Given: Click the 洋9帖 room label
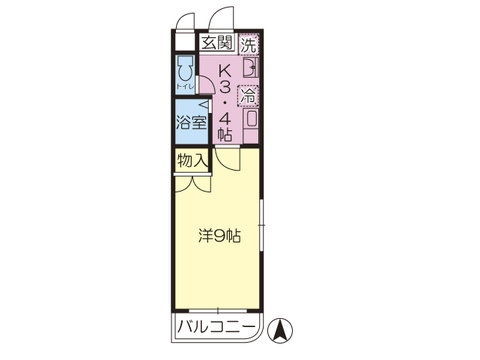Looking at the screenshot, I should [219, 237].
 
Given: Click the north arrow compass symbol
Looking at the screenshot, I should [282, 326].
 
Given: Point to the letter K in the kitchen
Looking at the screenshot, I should [226, 71].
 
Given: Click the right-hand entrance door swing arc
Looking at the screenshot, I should [222, 19].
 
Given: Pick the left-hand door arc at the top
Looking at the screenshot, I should [186, 20].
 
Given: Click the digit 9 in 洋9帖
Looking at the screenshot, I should [219, 237].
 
